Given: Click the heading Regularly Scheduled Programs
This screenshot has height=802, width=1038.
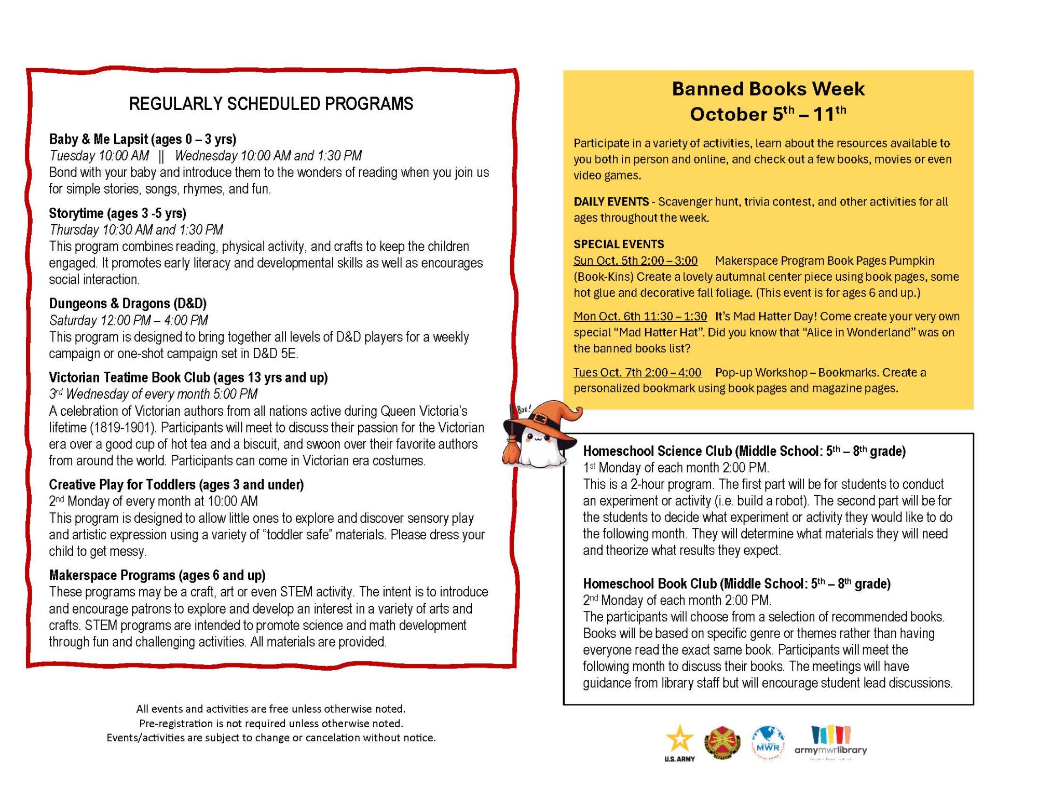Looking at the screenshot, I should click(x=271, y=104).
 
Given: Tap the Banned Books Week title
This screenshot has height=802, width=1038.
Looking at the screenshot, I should click(x=768, y=89).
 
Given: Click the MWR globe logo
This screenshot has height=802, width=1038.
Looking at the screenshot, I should click(x=768, y=743).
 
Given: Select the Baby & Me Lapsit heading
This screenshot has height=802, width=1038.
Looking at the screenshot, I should click(x=143, y=139).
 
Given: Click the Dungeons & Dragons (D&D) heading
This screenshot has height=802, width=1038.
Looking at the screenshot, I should click(x=128, y=304).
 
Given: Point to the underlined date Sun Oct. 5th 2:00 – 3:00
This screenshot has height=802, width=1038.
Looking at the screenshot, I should click(x=635, y=261).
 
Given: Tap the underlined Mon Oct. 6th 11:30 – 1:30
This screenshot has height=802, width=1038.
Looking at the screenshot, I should click(x=640, y=316).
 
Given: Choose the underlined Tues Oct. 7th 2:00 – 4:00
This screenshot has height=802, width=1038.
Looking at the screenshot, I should click(x=637, y=372).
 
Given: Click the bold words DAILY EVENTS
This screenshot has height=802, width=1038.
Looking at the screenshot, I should click(x=611, y=201).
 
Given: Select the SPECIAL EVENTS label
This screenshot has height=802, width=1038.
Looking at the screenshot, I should click(x=619, y=244).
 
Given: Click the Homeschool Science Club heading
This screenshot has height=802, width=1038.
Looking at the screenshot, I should click(x=744, y=451).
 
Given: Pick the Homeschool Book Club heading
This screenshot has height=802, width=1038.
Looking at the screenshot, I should click(x=736, y=584).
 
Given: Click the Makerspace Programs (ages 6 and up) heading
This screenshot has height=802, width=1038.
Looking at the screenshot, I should click(x=157, y=575).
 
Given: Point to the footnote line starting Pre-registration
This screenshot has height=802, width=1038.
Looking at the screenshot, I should click(x=271, y=723).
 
